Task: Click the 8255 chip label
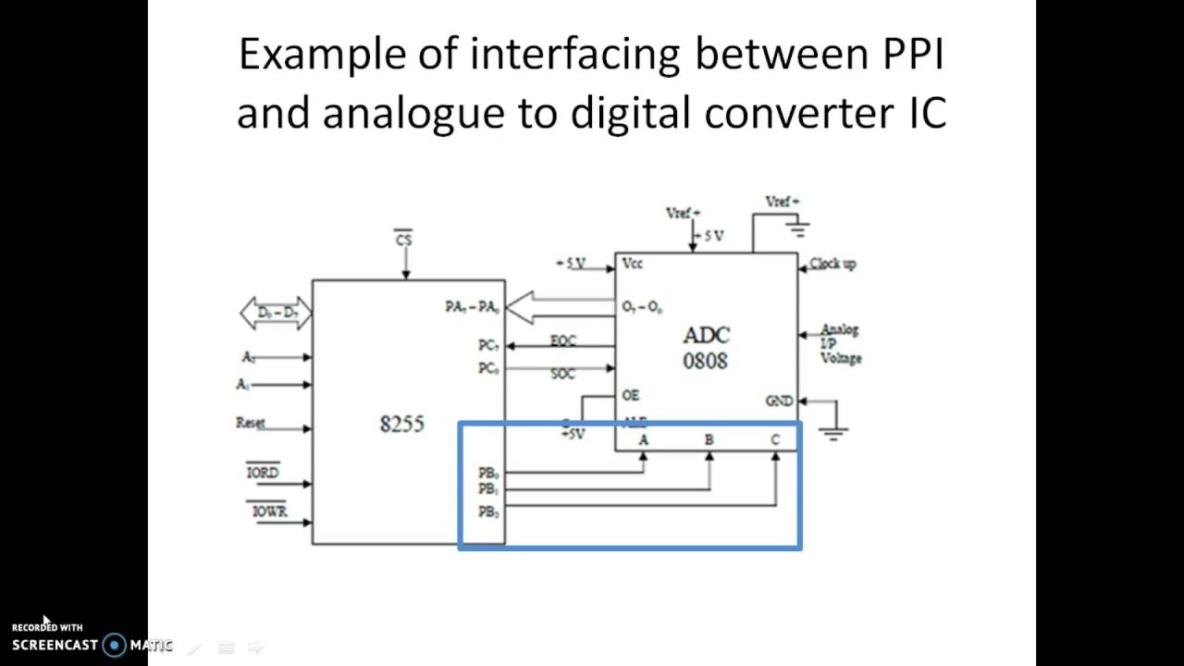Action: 401,424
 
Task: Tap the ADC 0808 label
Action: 706,348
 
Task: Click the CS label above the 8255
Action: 403,240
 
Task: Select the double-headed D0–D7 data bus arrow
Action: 276,314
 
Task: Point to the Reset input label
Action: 250,423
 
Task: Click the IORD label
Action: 262,472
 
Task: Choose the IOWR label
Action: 268,511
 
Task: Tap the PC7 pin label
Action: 488,345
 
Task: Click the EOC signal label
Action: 563,340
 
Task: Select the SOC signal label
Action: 562,374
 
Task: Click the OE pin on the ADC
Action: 630,395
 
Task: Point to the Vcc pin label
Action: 633,264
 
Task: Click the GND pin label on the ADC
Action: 779,401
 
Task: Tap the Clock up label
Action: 832,264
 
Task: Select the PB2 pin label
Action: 488,512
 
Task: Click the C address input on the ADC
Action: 775,440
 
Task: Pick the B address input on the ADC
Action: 709,440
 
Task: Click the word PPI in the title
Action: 906,55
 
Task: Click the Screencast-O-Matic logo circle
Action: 114,645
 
